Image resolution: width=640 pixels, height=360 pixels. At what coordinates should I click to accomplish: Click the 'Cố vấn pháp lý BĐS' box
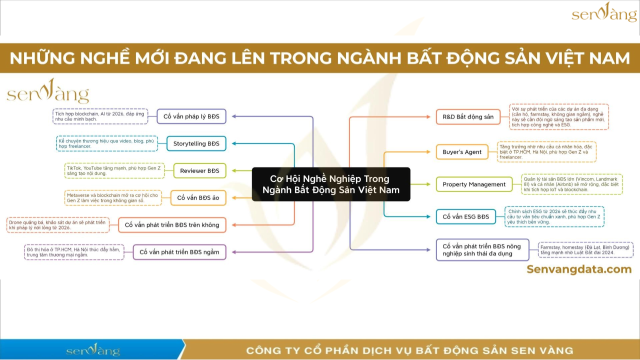coord(191,116)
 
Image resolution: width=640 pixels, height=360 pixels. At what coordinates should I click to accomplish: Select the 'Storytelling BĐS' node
coord(196,143)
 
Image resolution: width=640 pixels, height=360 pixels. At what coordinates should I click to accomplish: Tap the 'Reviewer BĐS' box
coord(199,170)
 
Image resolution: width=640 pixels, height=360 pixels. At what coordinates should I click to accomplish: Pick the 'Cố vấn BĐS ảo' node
coord(198,197)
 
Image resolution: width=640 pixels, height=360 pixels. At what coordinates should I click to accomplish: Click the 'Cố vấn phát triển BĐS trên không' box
coord(172,225)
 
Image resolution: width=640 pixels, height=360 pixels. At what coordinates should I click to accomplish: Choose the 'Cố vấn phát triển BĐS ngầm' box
coord(179,252)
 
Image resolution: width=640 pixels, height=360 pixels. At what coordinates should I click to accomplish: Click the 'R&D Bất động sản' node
coord(468,117)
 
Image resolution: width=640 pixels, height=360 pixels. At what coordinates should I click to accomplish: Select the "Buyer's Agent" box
coord(462,152)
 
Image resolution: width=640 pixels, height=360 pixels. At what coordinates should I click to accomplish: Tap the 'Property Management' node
coord(474,184)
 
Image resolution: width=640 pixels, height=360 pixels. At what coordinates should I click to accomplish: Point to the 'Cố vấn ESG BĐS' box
coord(465,216)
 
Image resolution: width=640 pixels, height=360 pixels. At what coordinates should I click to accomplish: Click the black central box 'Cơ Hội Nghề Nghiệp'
coord(331,184)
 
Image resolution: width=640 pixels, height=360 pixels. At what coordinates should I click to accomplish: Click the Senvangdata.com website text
coord(579,269)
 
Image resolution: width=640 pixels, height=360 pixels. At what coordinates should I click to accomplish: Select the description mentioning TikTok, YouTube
coord(114,170)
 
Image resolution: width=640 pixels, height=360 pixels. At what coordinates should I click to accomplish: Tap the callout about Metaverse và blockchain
coord(113,197)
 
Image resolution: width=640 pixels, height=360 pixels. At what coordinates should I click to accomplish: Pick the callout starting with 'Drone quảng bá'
coord(57,225)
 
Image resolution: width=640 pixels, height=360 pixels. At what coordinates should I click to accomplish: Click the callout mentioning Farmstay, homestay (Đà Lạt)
coord(585,249)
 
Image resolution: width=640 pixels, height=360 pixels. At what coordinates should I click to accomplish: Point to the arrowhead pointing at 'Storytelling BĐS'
coord(233,143)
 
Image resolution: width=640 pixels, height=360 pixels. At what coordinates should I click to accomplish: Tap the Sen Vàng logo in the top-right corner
coord(604,12)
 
